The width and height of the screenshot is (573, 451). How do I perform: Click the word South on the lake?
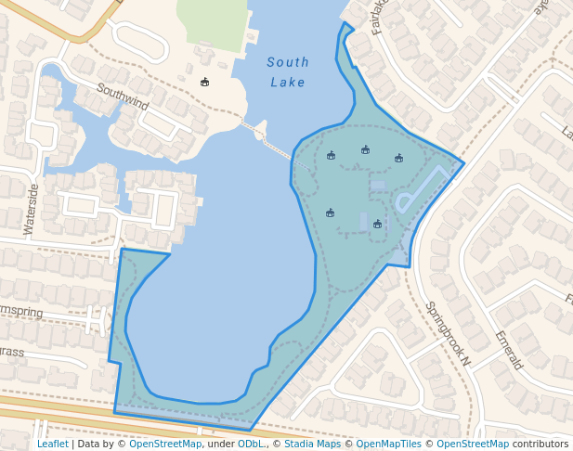[x=288, y=63]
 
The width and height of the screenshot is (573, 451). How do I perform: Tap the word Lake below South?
[x=288, y=83]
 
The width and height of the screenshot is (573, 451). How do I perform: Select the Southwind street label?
[x=123, y=97]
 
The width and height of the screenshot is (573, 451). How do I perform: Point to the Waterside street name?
[x=33, y=208]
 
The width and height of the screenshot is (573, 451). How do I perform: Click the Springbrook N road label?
[x=448, y=333]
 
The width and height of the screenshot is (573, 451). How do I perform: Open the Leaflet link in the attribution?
[x=53, y=445]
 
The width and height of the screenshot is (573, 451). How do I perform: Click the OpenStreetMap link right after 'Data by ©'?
[x=165, y=445]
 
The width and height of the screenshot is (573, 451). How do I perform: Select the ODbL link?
[x=251, y=445]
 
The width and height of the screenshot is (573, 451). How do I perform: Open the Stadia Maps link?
[x=312, y=445]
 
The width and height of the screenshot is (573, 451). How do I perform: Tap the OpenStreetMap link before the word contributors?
[x=473, y=445]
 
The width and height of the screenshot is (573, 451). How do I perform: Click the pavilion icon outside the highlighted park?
[x=204, y=82]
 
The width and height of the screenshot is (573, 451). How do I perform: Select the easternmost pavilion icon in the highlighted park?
[x=398, y=158]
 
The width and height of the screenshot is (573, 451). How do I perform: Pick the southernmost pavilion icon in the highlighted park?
[x=377, y=224]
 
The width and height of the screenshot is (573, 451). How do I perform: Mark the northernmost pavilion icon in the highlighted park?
[x=365, y=149]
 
